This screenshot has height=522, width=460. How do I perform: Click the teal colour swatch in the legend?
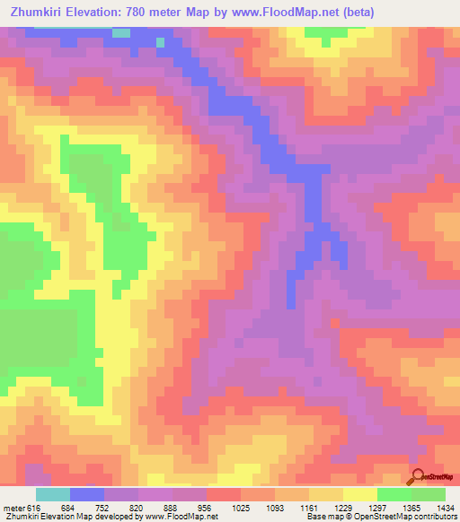coord(53,494)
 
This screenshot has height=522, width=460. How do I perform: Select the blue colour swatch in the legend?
coord(87,494)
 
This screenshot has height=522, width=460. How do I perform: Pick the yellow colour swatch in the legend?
coord(360,494)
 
